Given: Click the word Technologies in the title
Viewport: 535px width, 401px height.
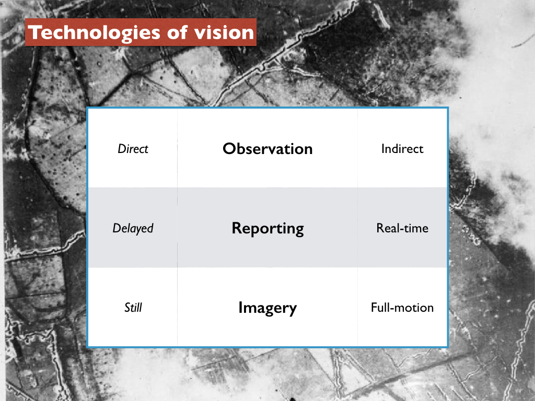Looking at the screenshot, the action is coord(94,33).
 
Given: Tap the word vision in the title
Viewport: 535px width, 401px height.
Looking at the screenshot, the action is coord(224,32).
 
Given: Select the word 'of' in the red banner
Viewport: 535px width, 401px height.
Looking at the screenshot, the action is coord(177,32).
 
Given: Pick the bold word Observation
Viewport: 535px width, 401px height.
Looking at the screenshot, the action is coord(267,149).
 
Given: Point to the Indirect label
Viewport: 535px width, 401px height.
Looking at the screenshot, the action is coord(402,149).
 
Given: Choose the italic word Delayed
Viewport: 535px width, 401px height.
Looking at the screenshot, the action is coord(133,228).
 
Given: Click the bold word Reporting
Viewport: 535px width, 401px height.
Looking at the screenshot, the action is coord(267,229).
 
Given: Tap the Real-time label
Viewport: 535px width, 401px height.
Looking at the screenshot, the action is coord(402,228).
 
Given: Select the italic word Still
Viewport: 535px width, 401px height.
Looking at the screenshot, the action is coord(133,307).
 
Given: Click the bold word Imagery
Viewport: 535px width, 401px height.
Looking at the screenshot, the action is coord(267,308).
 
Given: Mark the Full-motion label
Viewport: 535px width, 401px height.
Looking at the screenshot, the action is coord(402,307).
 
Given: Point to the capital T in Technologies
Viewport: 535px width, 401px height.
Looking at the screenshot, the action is coord(35,33).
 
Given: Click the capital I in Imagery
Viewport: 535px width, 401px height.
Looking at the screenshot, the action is coord(240,307).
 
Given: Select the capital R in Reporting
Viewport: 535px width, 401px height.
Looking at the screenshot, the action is coord(237,228).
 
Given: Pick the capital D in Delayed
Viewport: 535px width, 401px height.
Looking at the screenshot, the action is coord(117,228).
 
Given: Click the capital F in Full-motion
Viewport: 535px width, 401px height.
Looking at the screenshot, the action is coord(374,307).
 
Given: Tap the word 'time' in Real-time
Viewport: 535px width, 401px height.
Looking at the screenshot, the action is coord(416,228).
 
